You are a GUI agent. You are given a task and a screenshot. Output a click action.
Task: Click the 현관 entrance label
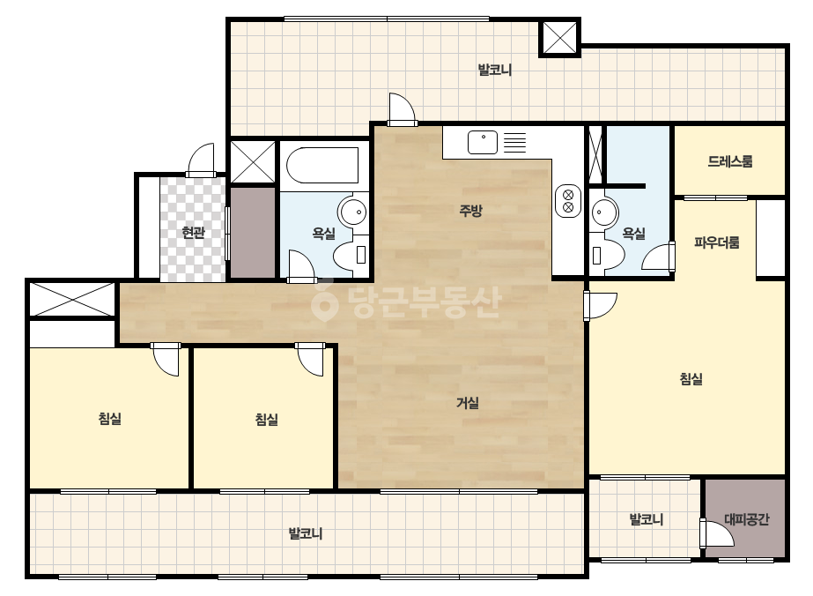pyautogui.click(x=193, y=232)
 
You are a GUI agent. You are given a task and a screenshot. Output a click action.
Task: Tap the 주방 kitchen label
pyautogui.click(x=470, y=210)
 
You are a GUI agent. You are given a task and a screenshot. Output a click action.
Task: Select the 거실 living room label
pyautogui.click(x=468, y=402)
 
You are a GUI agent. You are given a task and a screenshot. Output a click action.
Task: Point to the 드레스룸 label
pyautogui.click(x=730, y=161)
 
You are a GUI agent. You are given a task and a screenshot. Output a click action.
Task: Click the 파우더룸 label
pyautogui.click(x=717, y=242)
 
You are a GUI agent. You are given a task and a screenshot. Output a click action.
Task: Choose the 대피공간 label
pyautogui.click(x=747, y=519)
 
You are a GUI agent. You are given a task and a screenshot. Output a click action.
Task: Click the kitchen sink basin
pyautogui.click(x=483, y=142)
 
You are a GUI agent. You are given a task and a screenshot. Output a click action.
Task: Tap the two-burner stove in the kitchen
pyautogui.click(x=568, y=201)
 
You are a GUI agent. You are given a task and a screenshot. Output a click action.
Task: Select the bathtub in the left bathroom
pyautogui.click(x=322, y=166)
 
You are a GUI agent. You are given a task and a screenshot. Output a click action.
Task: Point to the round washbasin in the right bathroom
pyautogui.click(x=604, y=212)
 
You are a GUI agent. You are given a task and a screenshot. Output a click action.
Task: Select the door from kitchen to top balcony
pyautogui.click(x=403, y=109)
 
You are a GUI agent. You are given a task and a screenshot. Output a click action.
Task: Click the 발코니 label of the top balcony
pyautogui.click(x=495, y=70)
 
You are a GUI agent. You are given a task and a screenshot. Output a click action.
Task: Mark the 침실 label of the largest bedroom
pyautogui.click(x=691, y=378)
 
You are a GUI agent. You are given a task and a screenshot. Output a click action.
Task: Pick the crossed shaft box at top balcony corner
pyautogui.click(x=560, y=37)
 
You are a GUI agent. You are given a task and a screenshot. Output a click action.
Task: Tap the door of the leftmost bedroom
pyautogui.click(x=166, y=359)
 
